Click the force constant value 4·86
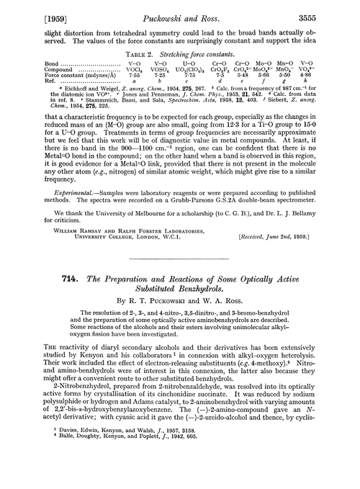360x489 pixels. (x=326, y=75)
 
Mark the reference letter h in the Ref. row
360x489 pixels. (x=326, y=81)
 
